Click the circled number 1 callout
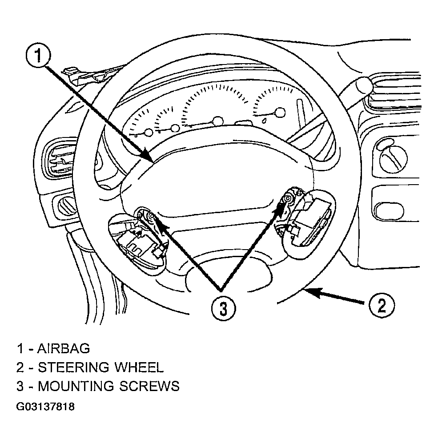click(38, 55)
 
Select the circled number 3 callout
click(223, 308)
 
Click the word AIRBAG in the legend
click(64, 348)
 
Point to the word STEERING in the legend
click(73, 367)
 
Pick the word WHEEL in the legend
click(139, 367)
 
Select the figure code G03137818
click(45, 407)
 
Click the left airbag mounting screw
click(152, 217)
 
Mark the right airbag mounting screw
click(287, 198)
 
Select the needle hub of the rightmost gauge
click(280, 113)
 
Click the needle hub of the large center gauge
click(218, 121)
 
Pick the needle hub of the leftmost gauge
click(148, 132)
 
